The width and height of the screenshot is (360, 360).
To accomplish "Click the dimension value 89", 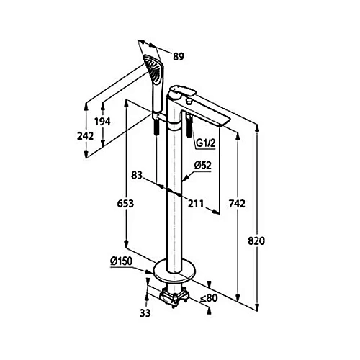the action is coord(179,57).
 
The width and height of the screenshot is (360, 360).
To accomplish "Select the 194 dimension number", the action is coord(102,122).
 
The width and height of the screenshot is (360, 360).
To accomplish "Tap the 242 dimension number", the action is coord(85,136).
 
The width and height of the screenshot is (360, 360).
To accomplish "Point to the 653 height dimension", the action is coord(125,204).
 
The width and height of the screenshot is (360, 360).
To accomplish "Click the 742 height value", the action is coord(237,204).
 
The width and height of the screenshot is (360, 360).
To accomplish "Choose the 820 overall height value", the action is coord(256,240).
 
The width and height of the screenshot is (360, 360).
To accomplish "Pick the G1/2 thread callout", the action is coord(206,143).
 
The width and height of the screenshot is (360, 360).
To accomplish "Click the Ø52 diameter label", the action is coord(203,166).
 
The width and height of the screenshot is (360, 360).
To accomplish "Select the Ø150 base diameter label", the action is coord(121,261).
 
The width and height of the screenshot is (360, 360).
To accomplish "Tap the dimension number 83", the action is coord(137,175).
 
